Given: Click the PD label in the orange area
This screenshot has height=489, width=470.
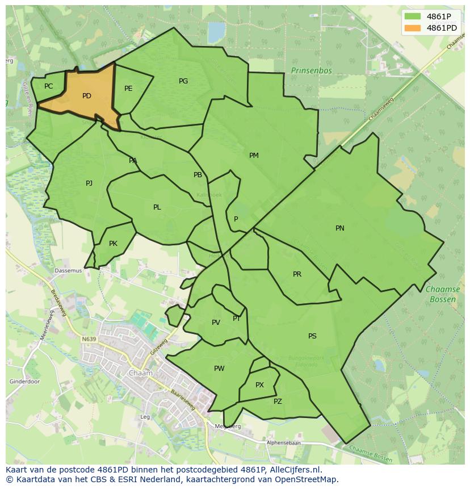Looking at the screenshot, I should pyautogui.click(x=86, y=96).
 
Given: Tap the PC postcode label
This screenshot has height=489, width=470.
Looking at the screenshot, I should pyautogui.click(x=48, y=86).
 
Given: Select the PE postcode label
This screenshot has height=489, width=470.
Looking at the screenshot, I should pyautogui.click(x=128, y=88).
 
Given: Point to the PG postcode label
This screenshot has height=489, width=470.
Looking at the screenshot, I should pyautogui.click(x=183, y=81).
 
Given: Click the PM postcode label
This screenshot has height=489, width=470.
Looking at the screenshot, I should pyautogui.click(x=254, y=156).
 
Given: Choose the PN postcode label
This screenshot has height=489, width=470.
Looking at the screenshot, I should pyautogui.click(x=339, y=228).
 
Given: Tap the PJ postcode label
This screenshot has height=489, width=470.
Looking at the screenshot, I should pyautogui.click(x=89, y=183).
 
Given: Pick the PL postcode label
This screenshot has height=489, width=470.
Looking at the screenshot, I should pyautogui.click(x=157, y=207).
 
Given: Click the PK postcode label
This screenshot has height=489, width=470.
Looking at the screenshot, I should pyautogui.click(x=113, y=244).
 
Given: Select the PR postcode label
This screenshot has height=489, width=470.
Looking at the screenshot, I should pyautogui.click(x=297, y=274).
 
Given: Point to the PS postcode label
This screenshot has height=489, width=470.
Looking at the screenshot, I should pyautogui.click(x=312, y=336).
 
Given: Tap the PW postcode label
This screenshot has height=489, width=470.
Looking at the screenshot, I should pyautogui.click(x=219, y=369).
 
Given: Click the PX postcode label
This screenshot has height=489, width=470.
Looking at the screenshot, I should pyautogui.click(x=259, y=385).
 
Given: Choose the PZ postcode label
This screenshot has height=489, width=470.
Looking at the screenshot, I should pyautogui.click(x=278, y=402).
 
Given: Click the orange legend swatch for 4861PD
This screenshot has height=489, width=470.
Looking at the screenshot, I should pyautogui.click(x=413, y=28).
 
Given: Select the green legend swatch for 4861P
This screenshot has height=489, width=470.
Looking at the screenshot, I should pyautogui.click(x=413, y=16).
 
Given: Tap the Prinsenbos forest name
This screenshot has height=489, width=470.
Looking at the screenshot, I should pyautogui.click(x=311, y=70).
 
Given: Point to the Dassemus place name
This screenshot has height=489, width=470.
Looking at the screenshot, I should pyautogui.click(x=68, y=271).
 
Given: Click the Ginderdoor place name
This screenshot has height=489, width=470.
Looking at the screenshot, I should pyautogui.click(x=25, y=382).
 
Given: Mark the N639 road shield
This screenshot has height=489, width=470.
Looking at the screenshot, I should pyautogui.click(x=89, y=339).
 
